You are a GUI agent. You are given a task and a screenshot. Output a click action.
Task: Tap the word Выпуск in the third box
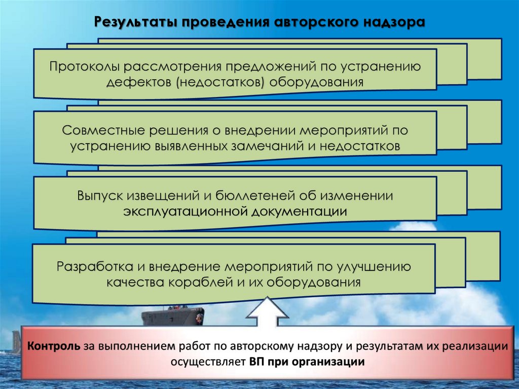point(99,195)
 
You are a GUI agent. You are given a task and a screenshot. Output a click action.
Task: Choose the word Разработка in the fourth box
point(96,266)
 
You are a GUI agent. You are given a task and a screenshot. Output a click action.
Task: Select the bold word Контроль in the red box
point(53,347)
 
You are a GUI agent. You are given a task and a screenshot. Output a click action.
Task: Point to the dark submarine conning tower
point(172,317)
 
